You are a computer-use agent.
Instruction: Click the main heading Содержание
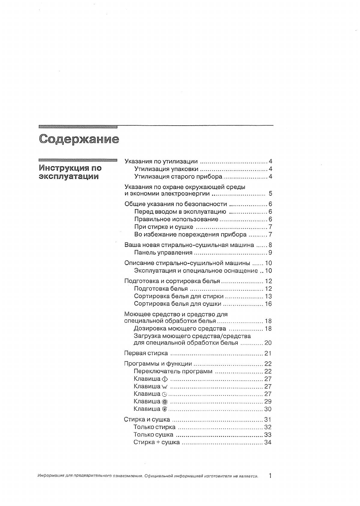79,139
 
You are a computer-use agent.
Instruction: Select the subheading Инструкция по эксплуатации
70,172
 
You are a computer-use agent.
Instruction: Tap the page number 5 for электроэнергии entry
270,194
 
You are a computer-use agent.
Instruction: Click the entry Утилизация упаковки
166,169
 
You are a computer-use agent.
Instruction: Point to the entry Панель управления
163,253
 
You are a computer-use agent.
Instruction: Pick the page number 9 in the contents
270,253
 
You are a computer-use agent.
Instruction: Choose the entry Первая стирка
146,353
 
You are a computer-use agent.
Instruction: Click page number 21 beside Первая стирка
268,353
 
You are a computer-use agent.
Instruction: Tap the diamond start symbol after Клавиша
164,379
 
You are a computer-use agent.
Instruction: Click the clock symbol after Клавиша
164,394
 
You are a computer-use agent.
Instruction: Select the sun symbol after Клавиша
164,402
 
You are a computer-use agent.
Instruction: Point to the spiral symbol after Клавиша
164,409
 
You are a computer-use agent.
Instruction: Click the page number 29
268,401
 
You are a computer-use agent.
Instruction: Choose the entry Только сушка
153,434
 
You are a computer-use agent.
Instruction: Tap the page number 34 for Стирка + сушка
268,442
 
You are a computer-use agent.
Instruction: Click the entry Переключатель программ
173,371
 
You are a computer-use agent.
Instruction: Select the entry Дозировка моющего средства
180,328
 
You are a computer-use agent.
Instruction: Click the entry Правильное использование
176,219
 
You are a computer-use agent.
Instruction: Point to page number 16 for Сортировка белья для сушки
268,304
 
